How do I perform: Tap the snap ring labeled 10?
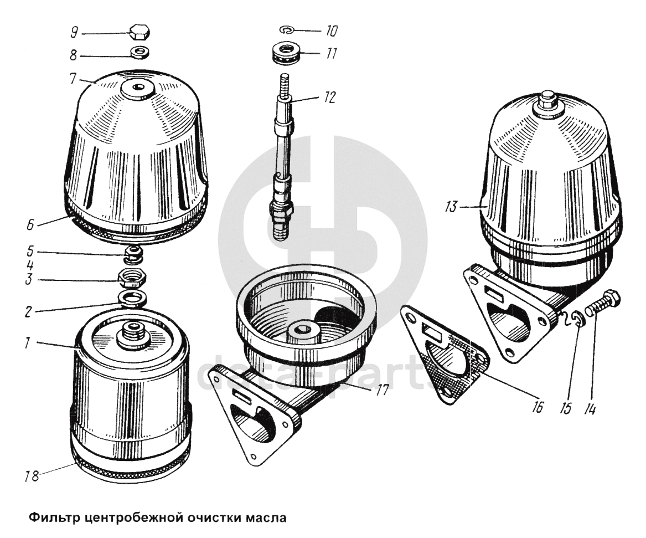point(286,30)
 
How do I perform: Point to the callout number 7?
point(73,78)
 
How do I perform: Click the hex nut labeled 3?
point(132,279)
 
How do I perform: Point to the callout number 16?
point(538,407)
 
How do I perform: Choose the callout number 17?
point(383,390)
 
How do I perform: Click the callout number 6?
point(30,225)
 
